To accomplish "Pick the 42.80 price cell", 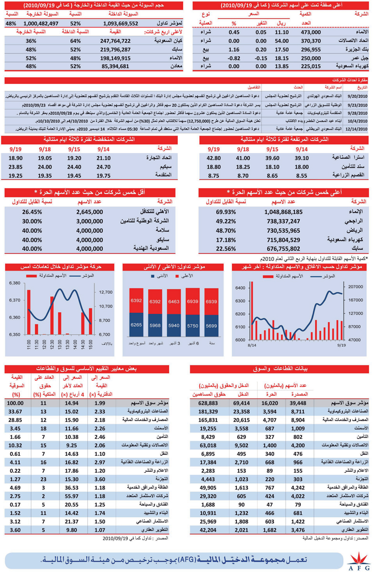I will pyautogui.click(x=214, y=158).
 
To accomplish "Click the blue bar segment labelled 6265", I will pyautogui.click(x=136, y=325).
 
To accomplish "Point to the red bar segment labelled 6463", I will pyautogui.click(x=174, y=301).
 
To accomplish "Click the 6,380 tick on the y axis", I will pyautogui.click(x=14, y=283).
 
